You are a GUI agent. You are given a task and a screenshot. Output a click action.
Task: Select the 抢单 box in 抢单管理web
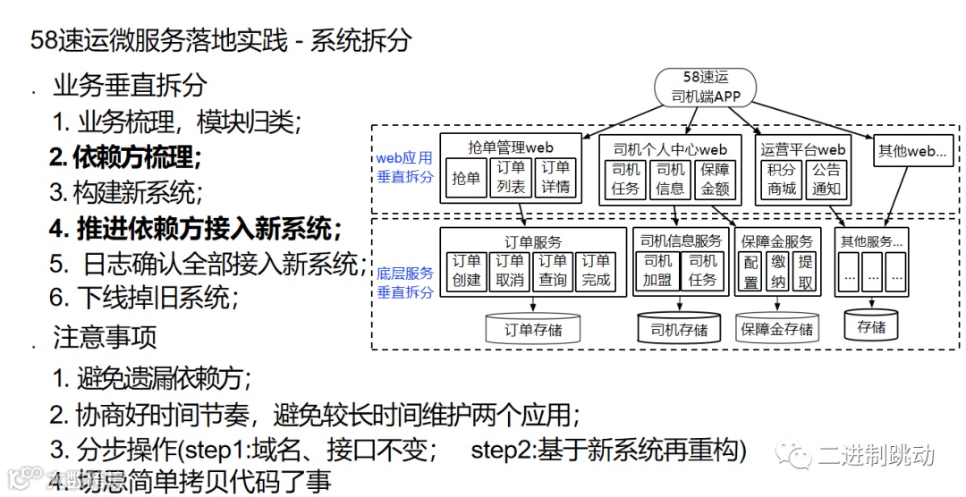[x=465, y=178]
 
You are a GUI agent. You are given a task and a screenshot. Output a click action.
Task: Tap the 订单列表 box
[x=511, y=178]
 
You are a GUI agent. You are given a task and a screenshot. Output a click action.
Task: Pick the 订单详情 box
[x=555, y=178]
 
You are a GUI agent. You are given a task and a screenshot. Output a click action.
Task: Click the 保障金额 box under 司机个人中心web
[x=715, y=178]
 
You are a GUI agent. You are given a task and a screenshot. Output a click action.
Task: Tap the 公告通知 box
[x=826, y=178]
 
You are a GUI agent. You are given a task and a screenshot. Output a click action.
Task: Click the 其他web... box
[x=915, y=152]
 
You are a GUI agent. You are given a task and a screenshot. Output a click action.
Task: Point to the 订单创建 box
[x=465, y=271]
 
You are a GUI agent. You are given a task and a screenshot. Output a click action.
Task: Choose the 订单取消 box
[x=509, y=271]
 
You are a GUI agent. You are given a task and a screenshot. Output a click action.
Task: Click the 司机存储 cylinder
[x=679, y=329]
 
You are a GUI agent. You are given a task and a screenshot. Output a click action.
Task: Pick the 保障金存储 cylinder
[x=776, y=329]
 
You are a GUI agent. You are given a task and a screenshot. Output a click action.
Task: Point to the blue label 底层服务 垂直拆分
[x=404, y=282]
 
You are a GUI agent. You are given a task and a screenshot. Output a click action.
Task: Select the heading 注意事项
[x=105, y=337]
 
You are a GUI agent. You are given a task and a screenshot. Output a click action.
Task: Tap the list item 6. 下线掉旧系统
[x=143, y=297]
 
